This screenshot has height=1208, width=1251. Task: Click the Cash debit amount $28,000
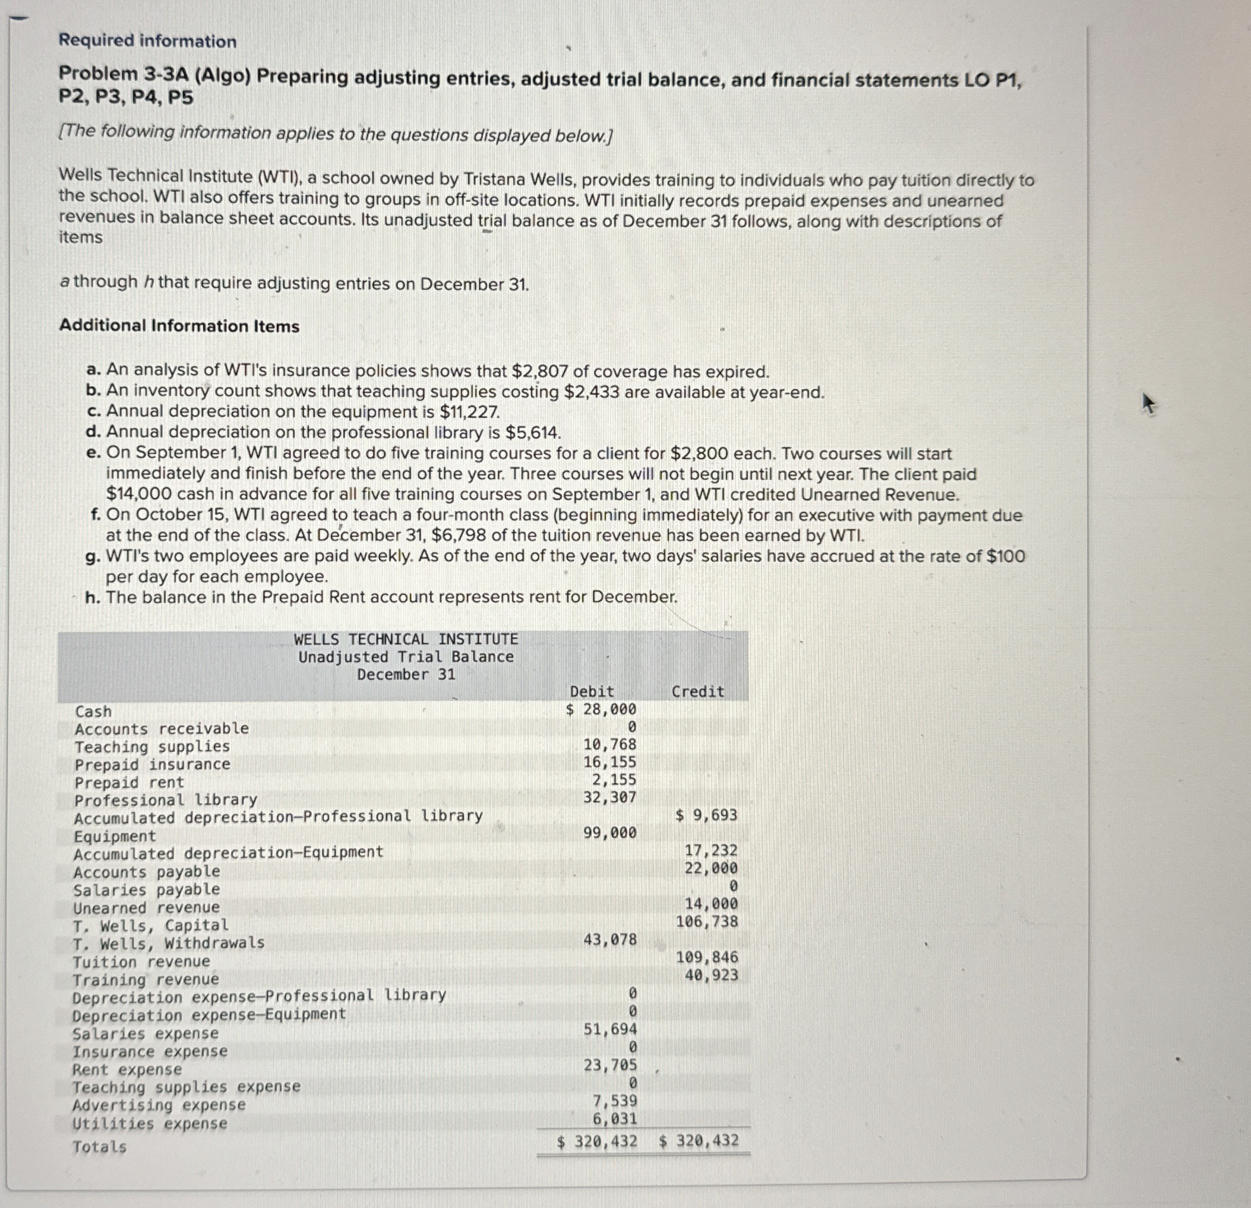pyautogui.click(x=601, y=710)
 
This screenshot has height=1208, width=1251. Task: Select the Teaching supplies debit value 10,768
pyautogui.click(x=609, y=745)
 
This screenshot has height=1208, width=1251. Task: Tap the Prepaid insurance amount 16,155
pyautogui.click(x=609, y=762)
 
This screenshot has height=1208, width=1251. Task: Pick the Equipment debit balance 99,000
pyautogui.click(x=609, y=833)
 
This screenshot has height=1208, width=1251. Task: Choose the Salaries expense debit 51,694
pyautogui.click(x=609, y=1029)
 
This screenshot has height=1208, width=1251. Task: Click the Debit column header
pyautogui.click(x=592, y=692)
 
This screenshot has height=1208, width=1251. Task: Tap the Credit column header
pyautogui.click(x=697, y=692)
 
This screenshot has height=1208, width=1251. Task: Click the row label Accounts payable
pyautogui.click(x=147, y=872)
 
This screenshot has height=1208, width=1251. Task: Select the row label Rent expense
pyautogui.click(x=127, y=1070)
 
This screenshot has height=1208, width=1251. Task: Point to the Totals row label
pyautogui.click(x=100, y=1147)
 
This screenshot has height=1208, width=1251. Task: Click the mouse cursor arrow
pyautogui.click(x=1148, y=403)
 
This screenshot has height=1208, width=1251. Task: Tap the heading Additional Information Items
pyautogui.click(x=179, y=326)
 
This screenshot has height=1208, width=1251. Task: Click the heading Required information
pyautogui.click(x=147, y=42)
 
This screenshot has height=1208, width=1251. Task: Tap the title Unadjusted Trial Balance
pyautogui.click(x=406, y=657)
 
